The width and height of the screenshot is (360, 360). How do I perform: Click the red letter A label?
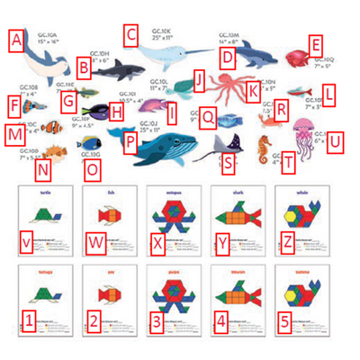[x=14, y=39]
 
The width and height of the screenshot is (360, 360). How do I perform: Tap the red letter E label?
[x=314, y=44]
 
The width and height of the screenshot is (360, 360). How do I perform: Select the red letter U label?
[x=334, y=141]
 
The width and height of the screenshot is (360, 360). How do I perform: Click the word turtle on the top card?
[x=43, y=193]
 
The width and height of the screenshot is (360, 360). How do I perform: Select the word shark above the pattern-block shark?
[x=238, y=193]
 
